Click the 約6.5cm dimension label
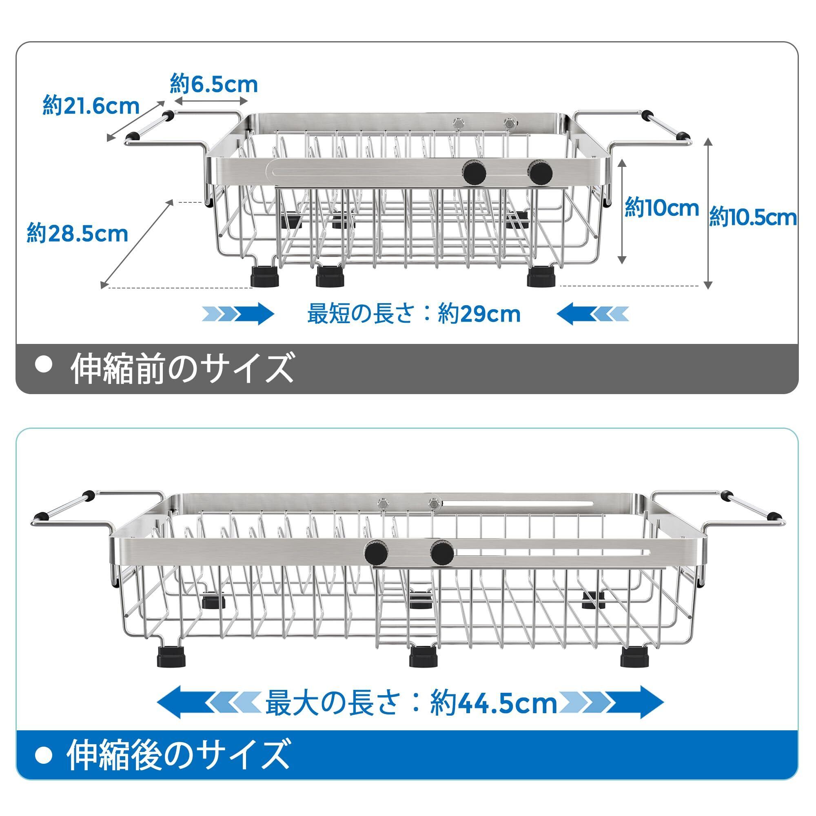tap(214, 84)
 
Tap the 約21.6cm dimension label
tap(91, 106)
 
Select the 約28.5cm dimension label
tap(77, 233)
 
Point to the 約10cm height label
tap(661, 208)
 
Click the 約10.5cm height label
tap(753, 218)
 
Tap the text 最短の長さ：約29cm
tap(413, 314)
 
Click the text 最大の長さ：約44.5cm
tap(411, 704)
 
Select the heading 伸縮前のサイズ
tap(182, 368)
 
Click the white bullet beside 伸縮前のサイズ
tap(44, 365)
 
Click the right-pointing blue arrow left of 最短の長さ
tap(239, 314)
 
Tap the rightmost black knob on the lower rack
tap(442, 553)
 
